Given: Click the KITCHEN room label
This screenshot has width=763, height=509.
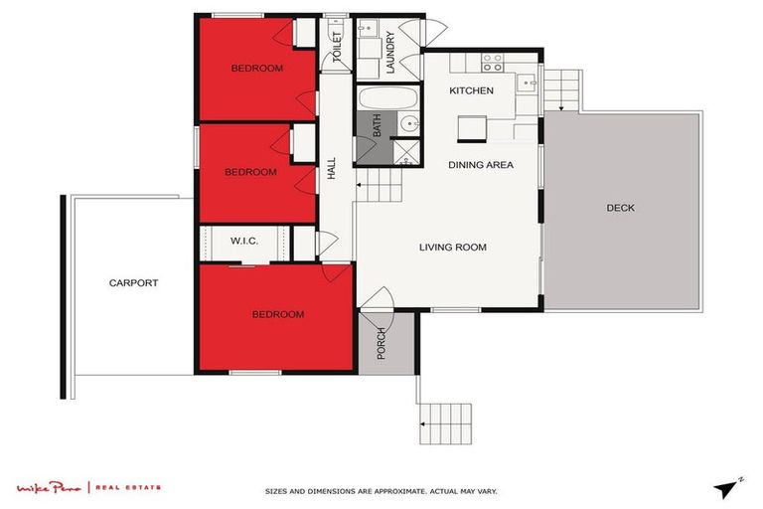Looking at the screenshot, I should click(x=471, y=90).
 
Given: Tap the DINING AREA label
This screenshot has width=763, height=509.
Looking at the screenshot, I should click(x=480, y=165).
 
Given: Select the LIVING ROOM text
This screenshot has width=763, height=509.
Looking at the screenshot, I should click(x=452, y=248).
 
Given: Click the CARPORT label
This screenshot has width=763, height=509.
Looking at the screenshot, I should click(x=133, y=283).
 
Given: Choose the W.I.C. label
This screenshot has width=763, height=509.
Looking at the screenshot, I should click(x=244, y=242).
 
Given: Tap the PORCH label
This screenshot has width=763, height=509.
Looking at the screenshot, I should click(x=381, y=343).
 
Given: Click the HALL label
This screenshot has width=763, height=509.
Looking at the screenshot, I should click(x=332, y=170).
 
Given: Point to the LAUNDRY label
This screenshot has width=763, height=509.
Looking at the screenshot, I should click(x=390, y=54).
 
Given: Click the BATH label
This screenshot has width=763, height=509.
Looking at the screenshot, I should click(x=377, y=126).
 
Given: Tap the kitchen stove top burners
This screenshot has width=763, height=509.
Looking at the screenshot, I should click(x=492, y=62).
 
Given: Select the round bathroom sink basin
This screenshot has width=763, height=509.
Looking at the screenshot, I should click(x=409, y=125).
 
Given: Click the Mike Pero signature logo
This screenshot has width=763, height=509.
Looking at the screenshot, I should click(x=51, y=487).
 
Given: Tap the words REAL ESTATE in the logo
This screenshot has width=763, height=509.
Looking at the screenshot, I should click(x=130, y=487).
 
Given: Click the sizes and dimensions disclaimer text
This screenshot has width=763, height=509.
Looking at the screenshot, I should click(x=381, y=491).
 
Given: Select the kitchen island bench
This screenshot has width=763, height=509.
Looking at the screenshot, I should click(x=472, y=128).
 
